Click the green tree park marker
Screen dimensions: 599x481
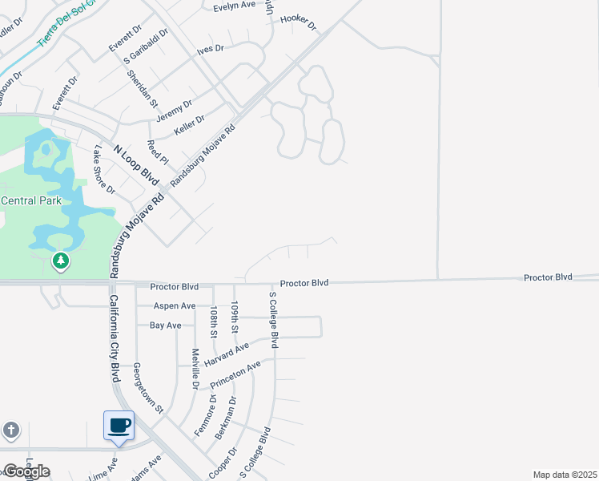point(60,261)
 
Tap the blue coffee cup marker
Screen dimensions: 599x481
point(119,426)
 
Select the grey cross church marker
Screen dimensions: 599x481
point(11,430)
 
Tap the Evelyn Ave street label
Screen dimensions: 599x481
point(234,6)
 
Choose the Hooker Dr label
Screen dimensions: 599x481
point(299,23)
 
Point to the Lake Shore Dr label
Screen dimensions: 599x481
point(105,170)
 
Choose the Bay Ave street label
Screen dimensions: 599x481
point(166,325)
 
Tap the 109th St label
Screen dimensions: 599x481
point(235,318)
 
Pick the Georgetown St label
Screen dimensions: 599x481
point(148,387)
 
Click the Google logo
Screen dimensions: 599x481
point(26,471)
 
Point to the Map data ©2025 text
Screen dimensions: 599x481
point(565,475)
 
